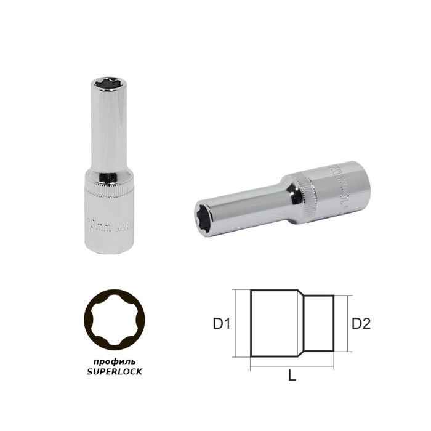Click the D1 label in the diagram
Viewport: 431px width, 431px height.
coord(221,323)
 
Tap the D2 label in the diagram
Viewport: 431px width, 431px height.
coord(361,323)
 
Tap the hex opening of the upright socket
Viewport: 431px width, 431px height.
coord(110,81)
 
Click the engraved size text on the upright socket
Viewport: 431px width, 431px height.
coord(110,220)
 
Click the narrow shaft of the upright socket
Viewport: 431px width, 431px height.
coord(110,129)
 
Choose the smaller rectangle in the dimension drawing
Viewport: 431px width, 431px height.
coord(321,323)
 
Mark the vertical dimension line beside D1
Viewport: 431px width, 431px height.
coord(236,323)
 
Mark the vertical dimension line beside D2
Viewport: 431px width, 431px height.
coord(348,323)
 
